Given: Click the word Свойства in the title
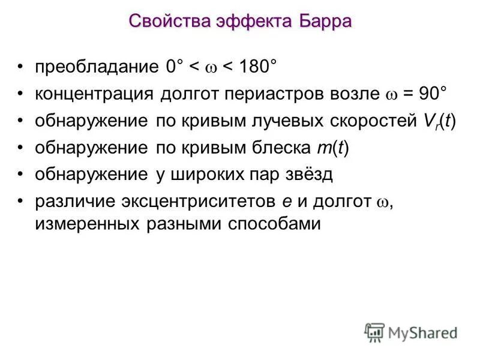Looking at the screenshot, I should click(x=166, y=22).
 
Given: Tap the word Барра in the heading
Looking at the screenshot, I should click(x=322, y=22).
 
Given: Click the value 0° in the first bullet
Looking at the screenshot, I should click(x=176, y=67).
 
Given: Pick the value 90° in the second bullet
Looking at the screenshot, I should click(x=432, y=94).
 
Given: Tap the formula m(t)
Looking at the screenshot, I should click(x=332, y=148).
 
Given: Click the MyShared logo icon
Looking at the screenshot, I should click(x=374, y=332).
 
